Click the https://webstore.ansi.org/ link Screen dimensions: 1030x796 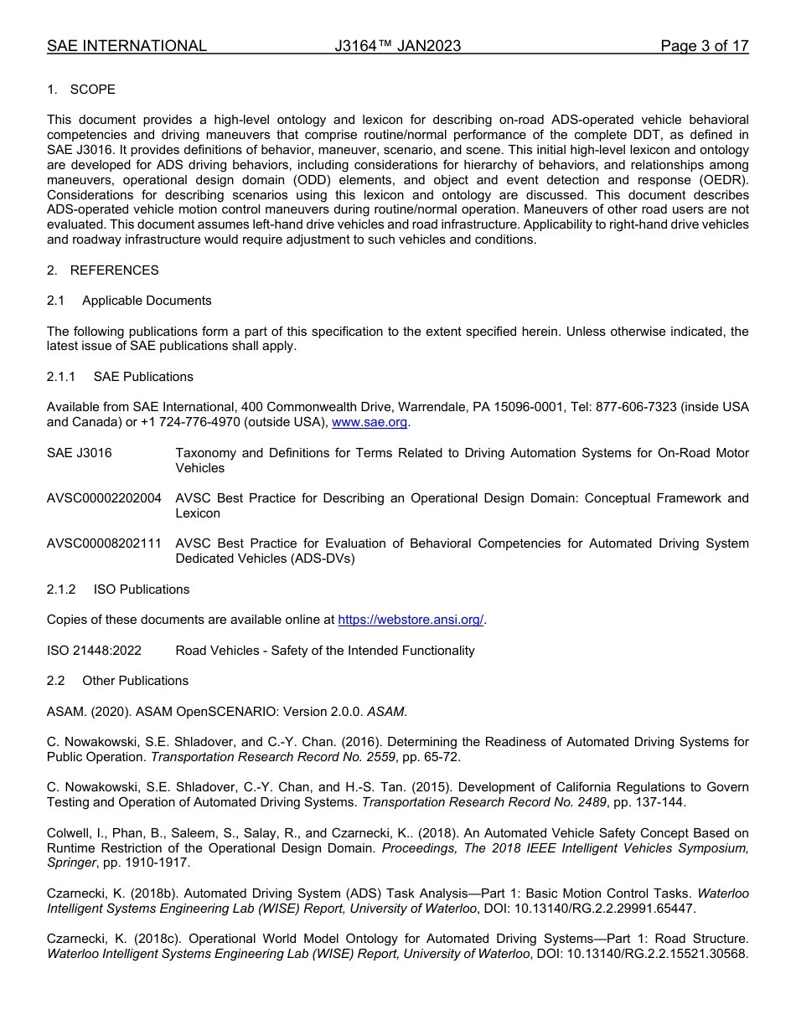(x=411, y=620)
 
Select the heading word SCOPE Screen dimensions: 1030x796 (x=93, y=90)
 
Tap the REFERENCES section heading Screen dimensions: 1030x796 (x=114, y=270)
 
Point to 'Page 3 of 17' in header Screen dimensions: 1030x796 (x=704, y=46)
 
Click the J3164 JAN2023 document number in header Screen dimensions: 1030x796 (x=397, y=46)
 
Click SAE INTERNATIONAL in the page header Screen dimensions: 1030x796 (x=127, y=46)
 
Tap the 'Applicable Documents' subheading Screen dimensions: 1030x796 (x=147, y=301)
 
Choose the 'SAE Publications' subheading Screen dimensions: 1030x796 (x=143, y=377)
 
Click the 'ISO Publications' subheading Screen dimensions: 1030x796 (x=142, y=590)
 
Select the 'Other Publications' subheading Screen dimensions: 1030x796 (x=135, y=681)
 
